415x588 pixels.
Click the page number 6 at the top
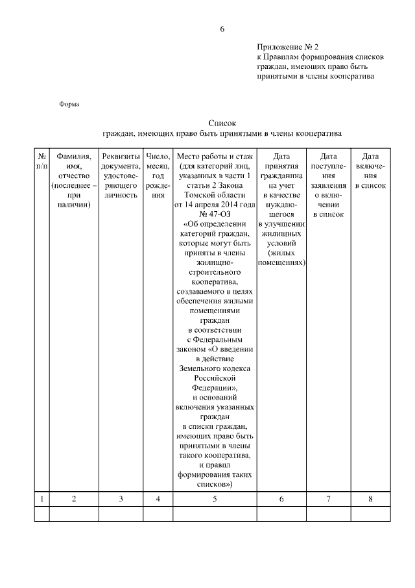pos(222,29)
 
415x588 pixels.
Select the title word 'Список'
pos(222,123)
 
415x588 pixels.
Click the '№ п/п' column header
pos(41,161)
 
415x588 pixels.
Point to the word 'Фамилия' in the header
pos(74,157)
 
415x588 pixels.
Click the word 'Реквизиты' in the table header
pos(121,157)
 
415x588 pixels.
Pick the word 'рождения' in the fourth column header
pos(158,194)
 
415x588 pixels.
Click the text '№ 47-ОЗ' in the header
pos(216,214)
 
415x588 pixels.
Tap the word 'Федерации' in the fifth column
pos(215,387)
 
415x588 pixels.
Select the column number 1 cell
pos(41,498)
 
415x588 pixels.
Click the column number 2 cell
pos(74,498)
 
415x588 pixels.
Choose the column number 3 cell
pos(121,498)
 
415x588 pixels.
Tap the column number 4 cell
pos(158,498)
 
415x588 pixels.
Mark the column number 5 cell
pos(216,498)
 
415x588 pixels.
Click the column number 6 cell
pos(281,498)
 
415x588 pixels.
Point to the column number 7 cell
pos(329,498)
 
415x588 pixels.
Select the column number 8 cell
pos(370,498)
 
